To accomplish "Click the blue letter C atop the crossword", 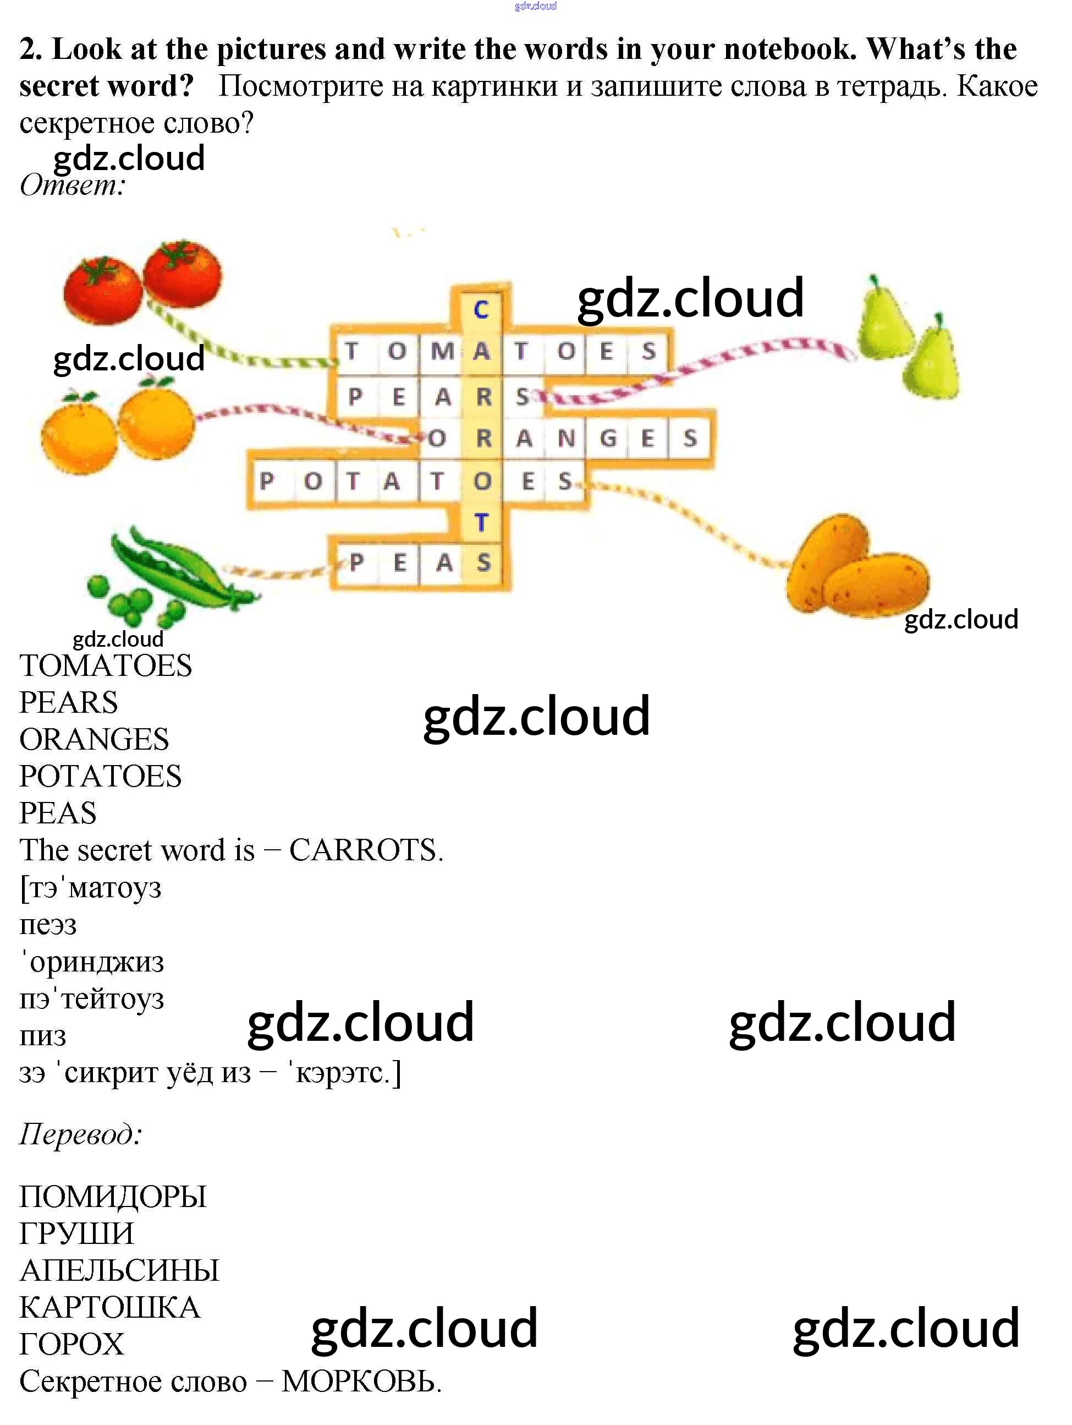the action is pos(481,309).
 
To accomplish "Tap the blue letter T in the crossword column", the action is pos(481,522).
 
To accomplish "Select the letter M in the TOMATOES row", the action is pos(442,351).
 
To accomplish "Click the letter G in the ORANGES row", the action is pos(608,439).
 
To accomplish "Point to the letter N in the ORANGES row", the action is pos(566,439).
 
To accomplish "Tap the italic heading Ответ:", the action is pos(73,185).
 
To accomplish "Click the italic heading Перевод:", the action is pos(81,1134).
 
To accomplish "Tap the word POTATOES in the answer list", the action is pos(101,776).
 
